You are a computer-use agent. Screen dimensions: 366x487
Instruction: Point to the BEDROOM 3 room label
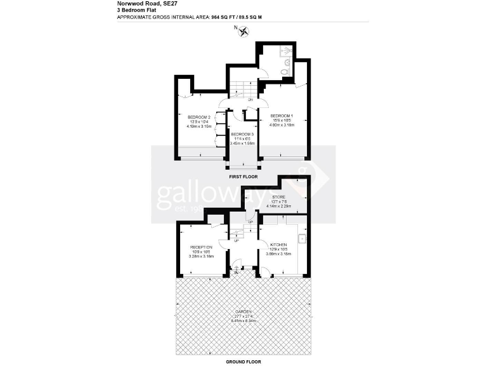[x=242, y=134]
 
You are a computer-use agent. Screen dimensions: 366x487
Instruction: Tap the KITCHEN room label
[x=279, y=245]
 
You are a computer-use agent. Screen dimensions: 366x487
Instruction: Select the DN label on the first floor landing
[x=250, y=100]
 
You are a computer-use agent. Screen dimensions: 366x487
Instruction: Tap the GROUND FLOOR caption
[x=243, y=361]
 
